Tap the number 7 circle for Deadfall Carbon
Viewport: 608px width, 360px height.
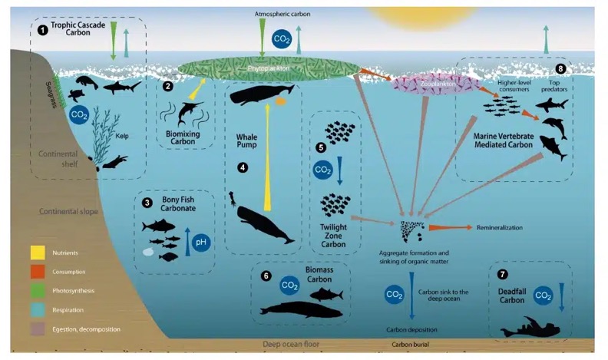click(x=503, y=274)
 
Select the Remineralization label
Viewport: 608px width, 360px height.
click(x=500, y=228)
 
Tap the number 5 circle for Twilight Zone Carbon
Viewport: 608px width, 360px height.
click(x=322, y=146)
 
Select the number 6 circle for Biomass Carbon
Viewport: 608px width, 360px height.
click(x=266, y=275)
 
